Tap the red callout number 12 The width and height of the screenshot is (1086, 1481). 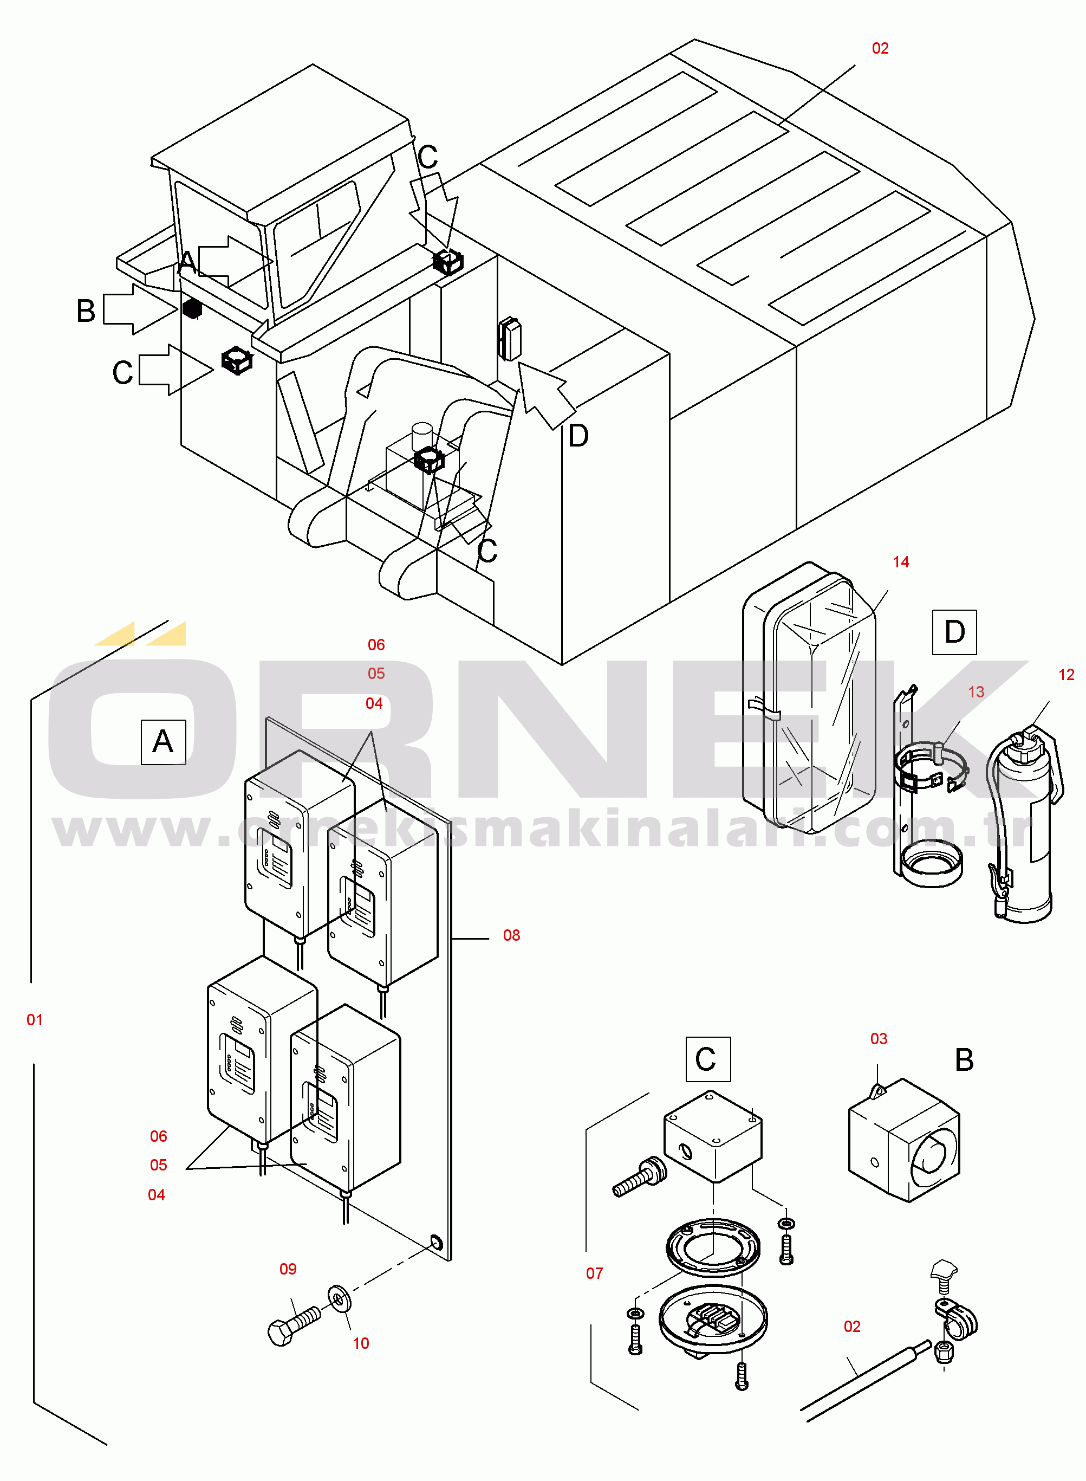(1065, 674)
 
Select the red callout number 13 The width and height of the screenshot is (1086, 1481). (976, 692)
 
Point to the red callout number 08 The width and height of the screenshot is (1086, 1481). (511, 935)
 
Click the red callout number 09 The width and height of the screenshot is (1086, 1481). (288, 1269)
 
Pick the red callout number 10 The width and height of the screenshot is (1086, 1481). (361, 1343)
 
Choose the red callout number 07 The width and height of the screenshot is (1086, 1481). (594, 1273)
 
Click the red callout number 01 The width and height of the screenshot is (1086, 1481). (35, 1020)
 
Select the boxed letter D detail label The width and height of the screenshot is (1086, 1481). (954, 632)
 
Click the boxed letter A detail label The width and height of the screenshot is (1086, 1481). (163, 742)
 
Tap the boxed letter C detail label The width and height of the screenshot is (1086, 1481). (707, 1059)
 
